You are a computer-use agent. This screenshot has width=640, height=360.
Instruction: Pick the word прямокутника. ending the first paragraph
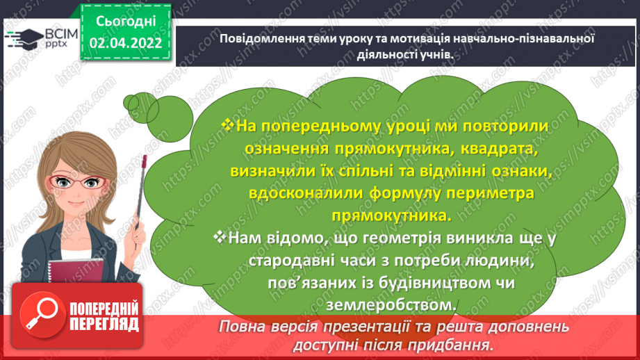(389, 215)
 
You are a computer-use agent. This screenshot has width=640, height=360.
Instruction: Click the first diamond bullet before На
(227, 124)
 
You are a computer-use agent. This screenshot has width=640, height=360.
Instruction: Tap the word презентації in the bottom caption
(363, 327)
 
